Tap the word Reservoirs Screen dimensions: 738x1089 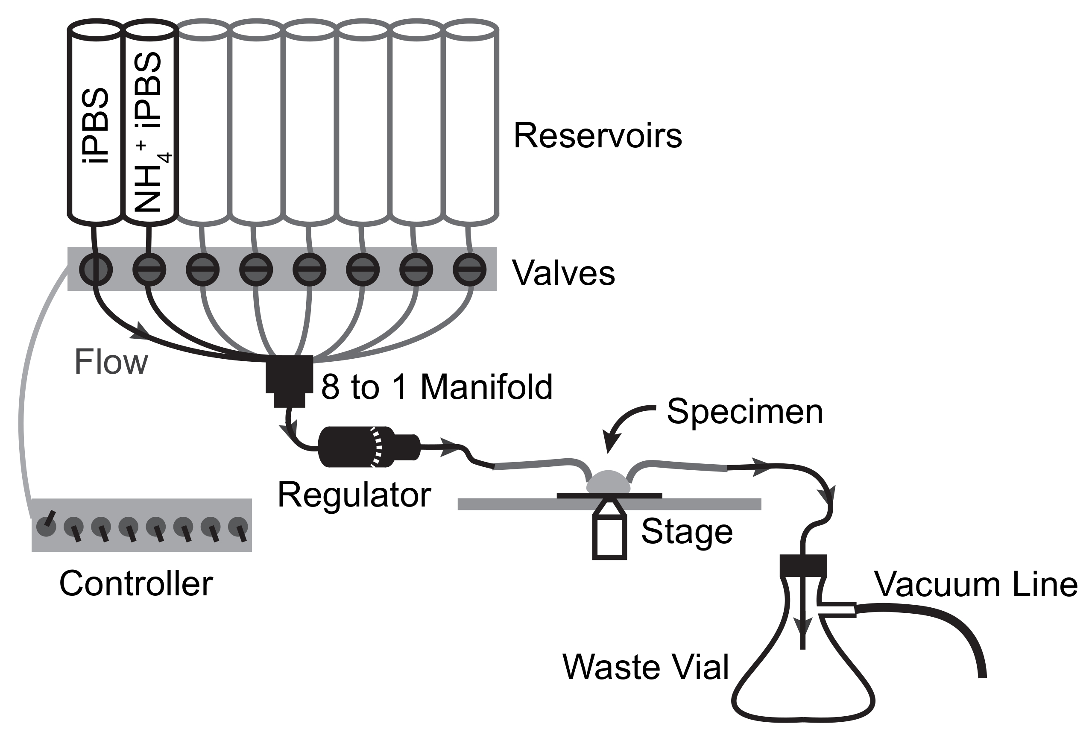tap(597, 136)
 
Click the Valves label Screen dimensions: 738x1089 tap(563, 273)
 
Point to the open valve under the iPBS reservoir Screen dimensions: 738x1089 tap(96, 269)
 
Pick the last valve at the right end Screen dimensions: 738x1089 tap(469, 269)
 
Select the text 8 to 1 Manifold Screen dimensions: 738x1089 tap(437, 387)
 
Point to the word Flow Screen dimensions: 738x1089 tap(111, 362)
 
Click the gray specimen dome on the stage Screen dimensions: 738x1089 tap(608, 483)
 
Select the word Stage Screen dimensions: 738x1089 tap(686, 532)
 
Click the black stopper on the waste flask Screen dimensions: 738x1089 tap(803, 565)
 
